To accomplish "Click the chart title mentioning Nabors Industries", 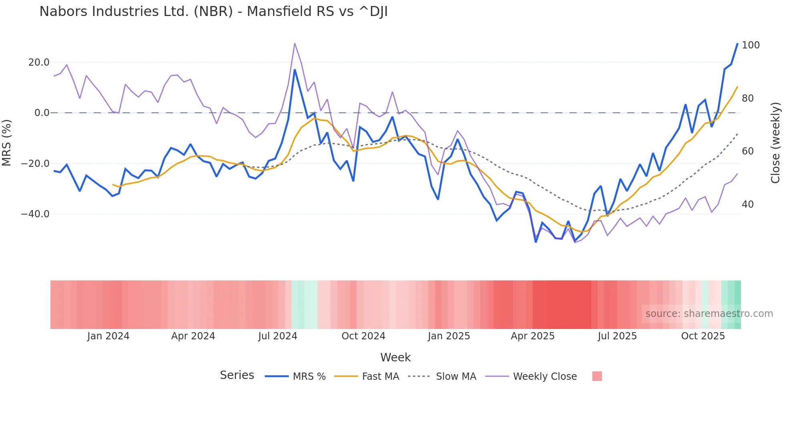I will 213,12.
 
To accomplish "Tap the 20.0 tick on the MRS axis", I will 39,62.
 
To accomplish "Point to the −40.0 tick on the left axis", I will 35,214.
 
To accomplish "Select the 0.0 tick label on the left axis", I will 42,113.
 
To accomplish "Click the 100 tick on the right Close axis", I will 751,45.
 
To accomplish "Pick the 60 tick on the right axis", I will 748,151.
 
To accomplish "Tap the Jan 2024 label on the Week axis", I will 108,336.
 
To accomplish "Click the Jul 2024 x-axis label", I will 278,336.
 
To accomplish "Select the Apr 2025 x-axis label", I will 533,336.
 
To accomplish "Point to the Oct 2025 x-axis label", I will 703,336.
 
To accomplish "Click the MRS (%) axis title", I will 7,142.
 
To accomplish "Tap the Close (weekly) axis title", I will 775,143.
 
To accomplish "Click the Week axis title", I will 395,357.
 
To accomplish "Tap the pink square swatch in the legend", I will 597,376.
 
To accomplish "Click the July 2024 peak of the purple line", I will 295,43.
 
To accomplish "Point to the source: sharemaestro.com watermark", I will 709,314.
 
